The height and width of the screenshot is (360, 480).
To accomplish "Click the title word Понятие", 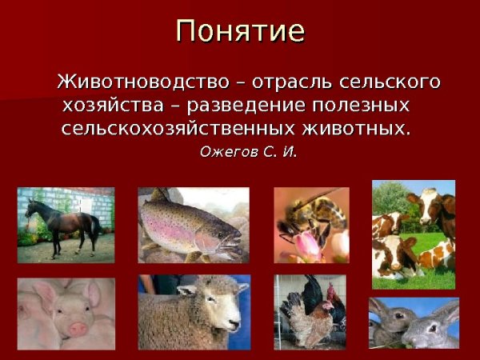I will click(240, 31).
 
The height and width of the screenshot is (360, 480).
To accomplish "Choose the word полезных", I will click(363, 106).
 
